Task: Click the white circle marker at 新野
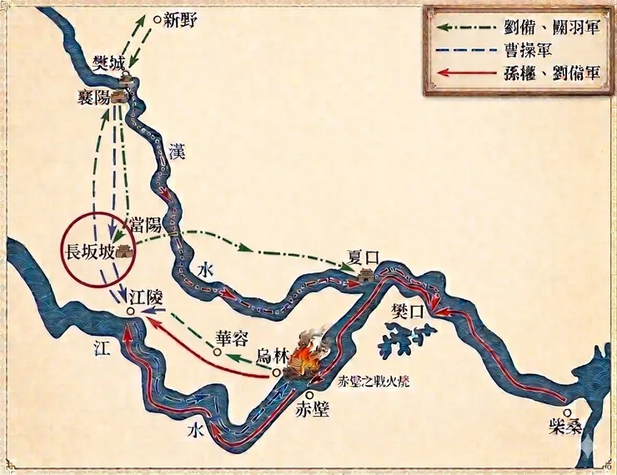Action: pos(156,17)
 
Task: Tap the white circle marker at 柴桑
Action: pos(568,412)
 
